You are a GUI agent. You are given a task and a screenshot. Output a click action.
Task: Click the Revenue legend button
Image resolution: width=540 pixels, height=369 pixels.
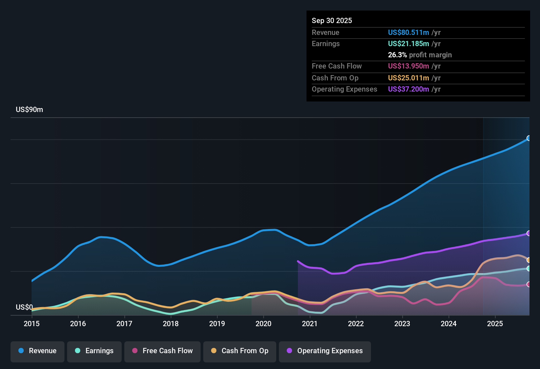coord(37,351)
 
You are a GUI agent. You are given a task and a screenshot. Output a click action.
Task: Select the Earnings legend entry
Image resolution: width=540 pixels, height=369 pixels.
coord(94,351)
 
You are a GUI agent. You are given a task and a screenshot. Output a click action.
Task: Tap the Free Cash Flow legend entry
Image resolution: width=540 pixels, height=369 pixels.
coord(162,351)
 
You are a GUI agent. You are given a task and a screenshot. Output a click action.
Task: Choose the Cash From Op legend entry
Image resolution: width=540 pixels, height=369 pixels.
coord(240,351)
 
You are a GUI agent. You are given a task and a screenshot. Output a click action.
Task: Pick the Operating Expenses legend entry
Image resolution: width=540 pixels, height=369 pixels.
coord(325,351)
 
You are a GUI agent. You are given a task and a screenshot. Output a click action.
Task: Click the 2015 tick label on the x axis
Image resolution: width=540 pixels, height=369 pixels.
coord(32,324)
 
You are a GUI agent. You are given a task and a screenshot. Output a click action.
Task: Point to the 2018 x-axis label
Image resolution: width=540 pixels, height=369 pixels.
coord(171,324)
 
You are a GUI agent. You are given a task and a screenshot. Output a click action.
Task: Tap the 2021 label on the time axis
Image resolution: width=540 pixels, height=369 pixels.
coord(309,324)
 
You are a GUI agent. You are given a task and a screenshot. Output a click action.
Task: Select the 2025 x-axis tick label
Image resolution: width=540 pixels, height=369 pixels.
coord(495,324)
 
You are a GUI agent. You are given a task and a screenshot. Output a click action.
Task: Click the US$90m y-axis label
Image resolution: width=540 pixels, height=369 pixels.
coord(29,110)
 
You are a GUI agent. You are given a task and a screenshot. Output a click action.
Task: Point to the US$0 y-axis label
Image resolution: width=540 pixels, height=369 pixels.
coord(24,307)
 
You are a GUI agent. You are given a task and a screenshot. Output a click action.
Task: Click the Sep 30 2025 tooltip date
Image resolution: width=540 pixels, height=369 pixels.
coord(332,21)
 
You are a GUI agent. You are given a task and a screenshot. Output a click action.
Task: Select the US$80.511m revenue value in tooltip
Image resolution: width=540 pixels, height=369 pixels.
coord(408,33)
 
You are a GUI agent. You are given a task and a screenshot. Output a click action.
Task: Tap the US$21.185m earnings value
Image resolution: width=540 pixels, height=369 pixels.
coord(408,44)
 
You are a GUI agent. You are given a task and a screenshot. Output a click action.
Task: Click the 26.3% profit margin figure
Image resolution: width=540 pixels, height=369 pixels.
coord(397,55)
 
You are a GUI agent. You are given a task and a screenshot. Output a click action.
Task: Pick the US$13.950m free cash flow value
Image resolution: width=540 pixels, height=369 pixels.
coord(408,66)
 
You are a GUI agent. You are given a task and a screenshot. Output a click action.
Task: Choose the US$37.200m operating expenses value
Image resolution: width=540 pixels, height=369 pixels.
coord(408,89)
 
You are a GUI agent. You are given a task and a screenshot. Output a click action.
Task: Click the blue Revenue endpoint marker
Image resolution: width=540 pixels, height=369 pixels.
coord(529,138)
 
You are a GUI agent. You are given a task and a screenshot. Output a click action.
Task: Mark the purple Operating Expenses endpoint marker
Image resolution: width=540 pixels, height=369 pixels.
coord(529,233)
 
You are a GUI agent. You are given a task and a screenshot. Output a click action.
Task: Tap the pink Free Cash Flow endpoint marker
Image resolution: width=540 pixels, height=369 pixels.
coord(529,284)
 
